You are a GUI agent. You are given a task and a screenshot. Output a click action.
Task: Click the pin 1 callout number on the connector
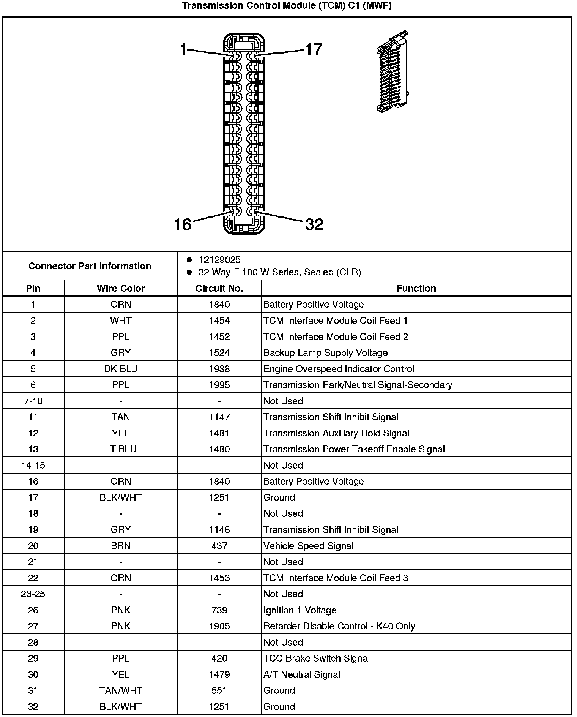click(x=183, y=49)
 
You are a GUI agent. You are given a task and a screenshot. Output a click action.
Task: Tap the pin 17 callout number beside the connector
click(x=314, y=49)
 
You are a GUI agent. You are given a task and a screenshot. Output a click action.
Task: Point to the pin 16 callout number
click(x=183, y=224)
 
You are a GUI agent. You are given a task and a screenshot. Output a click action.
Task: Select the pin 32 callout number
click(x=314, y=224)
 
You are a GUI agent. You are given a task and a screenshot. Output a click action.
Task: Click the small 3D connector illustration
click(x=393, y=71)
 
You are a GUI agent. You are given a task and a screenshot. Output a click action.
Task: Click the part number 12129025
click(x=219, y=260)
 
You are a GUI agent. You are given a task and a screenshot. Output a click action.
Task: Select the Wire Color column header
click(x=121, y=288)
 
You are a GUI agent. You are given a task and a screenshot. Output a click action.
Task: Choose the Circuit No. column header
click(x=219, y=288)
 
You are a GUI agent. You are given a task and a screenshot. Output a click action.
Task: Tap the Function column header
click(x=416, y=288)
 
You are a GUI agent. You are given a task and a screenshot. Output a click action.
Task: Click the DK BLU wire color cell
click(x=121, y=369)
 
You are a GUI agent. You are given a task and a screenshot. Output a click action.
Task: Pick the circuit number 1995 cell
click(x=219, y=385)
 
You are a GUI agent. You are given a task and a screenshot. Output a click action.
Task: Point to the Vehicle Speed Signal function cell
click(x=308, y=546)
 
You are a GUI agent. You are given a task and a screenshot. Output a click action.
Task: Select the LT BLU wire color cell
click(x=121, y=449)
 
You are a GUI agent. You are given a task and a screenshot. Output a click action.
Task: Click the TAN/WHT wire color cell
click(x=121, y=690)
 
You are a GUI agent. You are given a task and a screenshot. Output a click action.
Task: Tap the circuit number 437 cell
click(x=219, y=546)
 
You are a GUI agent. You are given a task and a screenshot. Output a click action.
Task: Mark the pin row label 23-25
click(x=33, y=594)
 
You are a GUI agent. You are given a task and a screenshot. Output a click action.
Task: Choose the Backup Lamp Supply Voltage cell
click(x=325, y=353)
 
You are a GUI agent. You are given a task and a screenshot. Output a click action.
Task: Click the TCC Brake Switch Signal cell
click(x=317, y=658)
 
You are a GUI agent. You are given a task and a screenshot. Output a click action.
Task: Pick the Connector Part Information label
click(x=90, y=266)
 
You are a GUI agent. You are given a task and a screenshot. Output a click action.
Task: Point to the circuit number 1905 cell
click(x=219, y=626)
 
